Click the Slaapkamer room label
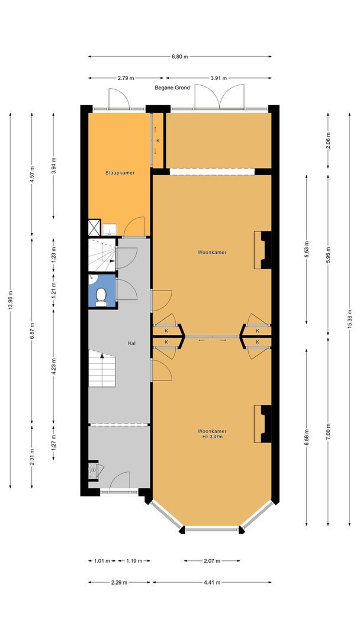pos(120,173)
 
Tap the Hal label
pos(131,343)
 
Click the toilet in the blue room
pos(101,296)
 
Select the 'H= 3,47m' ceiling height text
pos(212,437)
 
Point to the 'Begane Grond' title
pos(172,88)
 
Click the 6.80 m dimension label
pos(180,57)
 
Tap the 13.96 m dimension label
pos(10,300)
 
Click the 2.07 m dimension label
pos(212,561)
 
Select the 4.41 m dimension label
pos(212,582)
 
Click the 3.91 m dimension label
pos(218,78)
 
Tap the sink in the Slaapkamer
pos(110,230)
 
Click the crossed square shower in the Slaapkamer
pos(94,227)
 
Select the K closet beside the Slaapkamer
pos(158,141)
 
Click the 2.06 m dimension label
pos(328,140)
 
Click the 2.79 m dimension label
pos(126,78)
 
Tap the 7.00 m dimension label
pos(328,431)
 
